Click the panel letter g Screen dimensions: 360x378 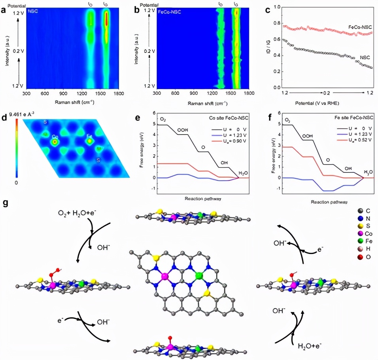(5, 203)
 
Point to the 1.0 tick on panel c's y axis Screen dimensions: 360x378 (278, 7)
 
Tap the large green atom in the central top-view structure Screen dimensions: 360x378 (199, 275)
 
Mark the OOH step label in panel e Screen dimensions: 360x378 (182, 130)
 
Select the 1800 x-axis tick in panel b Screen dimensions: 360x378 (249, 94)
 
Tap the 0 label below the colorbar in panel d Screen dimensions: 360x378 (16, 182)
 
